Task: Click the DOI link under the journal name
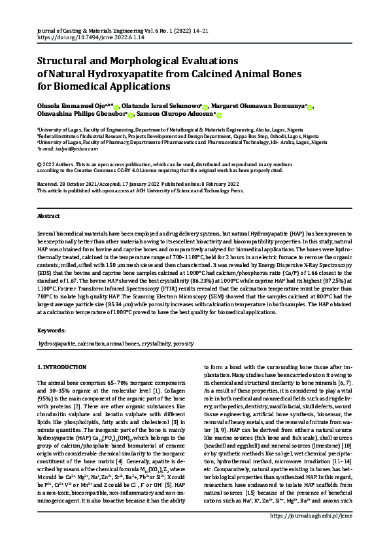[x=83, y=37]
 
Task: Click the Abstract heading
[x=49, y=215]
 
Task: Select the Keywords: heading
[x=52, y=330]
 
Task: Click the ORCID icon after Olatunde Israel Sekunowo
[x=205, y=106]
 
